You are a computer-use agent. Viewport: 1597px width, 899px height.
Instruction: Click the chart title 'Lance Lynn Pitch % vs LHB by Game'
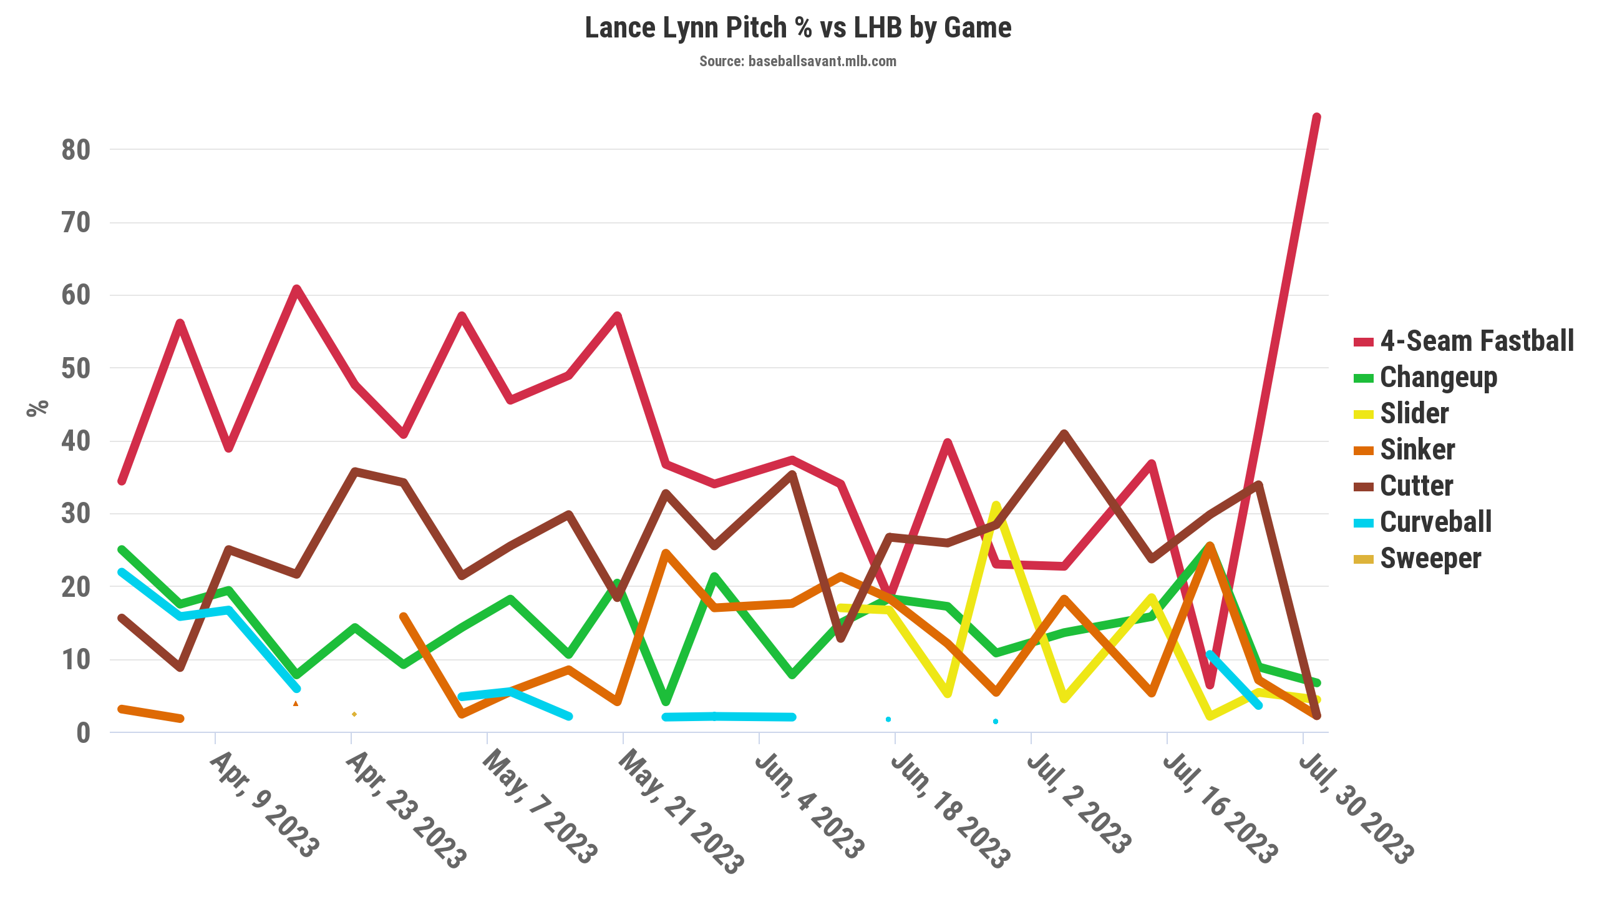(x=798, y=28)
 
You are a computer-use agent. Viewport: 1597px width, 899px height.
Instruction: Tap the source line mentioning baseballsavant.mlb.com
(x=797, y=61)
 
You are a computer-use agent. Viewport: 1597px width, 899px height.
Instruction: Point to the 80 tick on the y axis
(x=76, y=150)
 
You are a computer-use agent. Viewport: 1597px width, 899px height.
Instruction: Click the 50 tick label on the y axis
(x=76, y=368)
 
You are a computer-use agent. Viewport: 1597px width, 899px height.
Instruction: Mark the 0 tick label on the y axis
(x=84, y=733)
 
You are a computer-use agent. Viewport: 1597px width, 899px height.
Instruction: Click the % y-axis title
(x=37, y=408)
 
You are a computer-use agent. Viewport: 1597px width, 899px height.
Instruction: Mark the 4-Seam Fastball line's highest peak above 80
(x=1316, y=117)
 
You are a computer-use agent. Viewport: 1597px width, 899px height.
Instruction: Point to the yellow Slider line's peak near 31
(x=996, y=505)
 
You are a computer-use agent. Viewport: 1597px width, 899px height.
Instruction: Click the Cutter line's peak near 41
(x=1064, y=433)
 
